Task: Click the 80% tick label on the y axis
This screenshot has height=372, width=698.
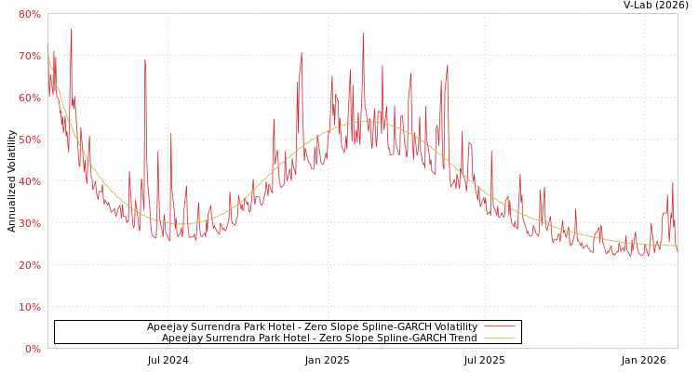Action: tap(29, 14)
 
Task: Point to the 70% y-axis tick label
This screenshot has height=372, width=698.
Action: tap(29, 56)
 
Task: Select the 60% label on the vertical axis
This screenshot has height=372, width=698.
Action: tap(29, 98)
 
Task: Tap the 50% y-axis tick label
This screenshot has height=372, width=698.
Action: tap(29, 139)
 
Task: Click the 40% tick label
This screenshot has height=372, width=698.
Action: tap(29, 181)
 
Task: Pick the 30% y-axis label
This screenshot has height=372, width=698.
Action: tap(29, 223)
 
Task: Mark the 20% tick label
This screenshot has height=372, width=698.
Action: tap(29, 265)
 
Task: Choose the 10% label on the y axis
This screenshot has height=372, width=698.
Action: tap(29, 307)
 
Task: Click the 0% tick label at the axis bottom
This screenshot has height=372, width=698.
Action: tap(32, 349)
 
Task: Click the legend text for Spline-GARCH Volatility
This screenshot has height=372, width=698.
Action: tap(312, 326)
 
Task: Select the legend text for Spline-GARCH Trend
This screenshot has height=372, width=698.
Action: tap(319, 338)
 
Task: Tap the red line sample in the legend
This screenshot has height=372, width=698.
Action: tap(500, 326)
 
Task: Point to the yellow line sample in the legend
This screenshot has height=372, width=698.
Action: tap(500, 338)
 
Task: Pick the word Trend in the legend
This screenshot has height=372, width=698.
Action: tap(463, 338)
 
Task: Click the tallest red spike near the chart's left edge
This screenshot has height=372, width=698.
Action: tap(71, 30)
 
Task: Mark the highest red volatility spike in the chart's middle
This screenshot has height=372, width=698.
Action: tap(363, 34)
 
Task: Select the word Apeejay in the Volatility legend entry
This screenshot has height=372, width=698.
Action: tap(168, 326)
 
